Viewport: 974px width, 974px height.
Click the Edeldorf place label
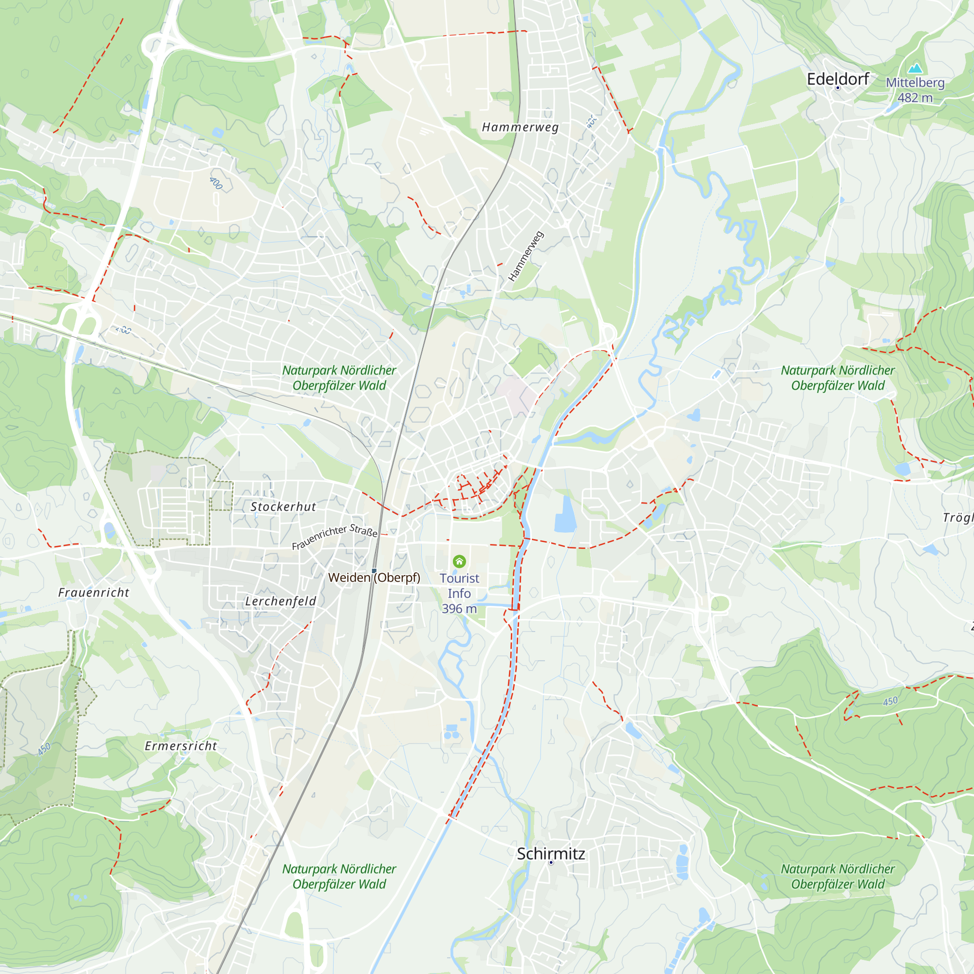[837, 79]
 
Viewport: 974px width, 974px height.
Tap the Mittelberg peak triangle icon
[915, 68]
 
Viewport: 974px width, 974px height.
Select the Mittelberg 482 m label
[915, 90]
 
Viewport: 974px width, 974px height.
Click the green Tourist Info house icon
[459, 561]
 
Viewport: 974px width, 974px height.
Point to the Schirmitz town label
[551, 854]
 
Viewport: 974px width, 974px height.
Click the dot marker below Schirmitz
[551, 862]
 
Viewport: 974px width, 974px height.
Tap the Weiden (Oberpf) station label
[374, 578]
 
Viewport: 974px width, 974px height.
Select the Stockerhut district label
[283, 506]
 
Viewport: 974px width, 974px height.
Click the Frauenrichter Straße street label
[334, 537]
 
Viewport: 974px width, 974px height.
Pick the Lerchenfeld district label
[281, 601]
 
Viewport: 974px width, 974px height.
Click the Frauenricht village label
[94, 592]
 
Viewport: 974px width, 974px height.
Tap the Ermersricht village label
[181, 746]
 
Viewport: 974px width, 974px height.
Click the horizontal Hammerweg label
[520, 127]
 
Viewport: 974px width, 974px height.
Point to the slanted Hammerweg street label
[526, 256]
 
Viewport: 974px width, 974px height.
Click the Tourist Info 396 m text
[459, 593]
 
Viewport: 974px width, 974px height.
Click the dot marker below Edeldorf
[838, 88]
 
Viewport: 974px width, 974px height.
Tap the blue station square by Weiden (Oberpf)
[374, 570]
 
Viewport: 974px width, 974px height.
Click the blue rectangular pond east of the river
[565, 515]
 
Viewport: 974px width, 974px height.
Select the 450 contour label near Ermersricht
[44, 749]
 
